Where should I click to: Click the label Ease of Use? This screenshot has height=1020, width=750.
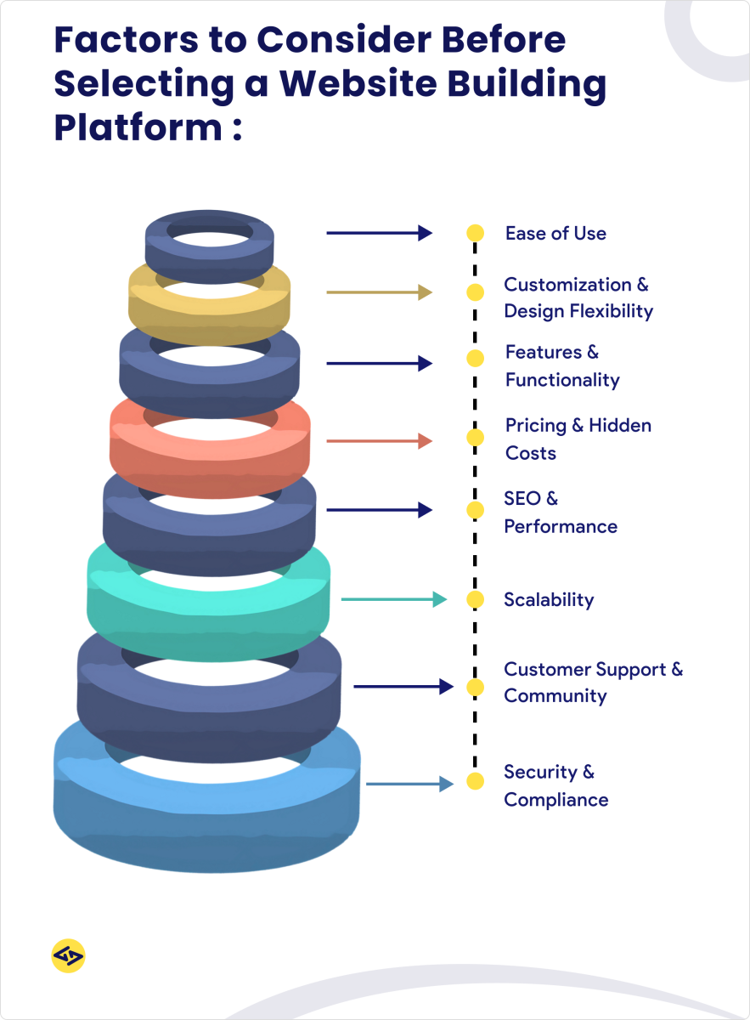555,233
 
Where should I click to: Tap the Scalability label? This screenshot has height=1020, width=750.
549,599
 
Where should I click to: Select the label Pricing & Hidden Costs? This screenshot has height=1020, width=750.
578,439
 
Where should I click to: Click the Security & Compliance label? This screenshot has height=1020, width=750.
555,785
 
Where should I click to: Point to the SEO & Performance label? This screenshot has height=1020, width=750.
560,513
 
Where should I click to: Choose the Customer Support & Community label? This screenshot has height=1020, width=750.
592,683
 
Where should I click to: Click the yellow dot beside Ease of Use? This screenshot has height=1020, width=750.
475,233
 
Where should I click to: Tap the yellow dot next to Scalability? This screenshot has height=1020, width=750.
475,599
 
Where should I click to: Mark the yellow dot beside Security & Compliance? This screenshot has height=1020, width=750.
475,781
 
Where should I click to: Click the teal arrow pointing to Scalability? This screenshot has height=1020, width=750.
393,599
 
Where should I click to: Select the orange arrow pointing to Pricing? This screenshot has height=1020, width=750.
379,440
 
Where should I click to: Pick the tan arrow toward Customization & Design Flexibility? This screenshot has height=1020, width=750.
379,292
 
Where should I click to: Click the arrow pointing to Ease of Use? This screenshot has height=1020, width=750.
379,233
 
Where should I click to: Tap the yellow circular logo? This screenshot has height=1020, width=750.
68,956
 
